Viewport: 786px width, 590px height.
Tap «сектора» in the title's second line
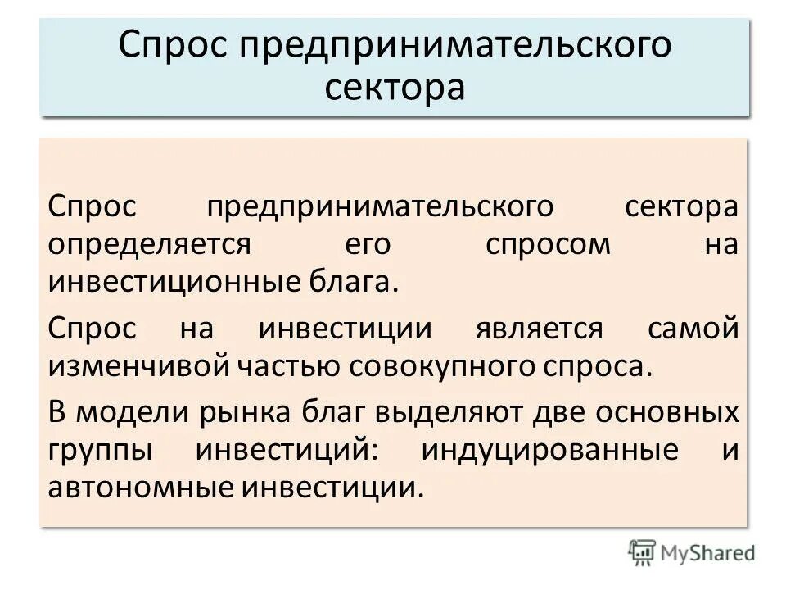tap(395, 86)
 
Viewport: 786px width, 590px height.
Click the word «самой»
tap(694, 329)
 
